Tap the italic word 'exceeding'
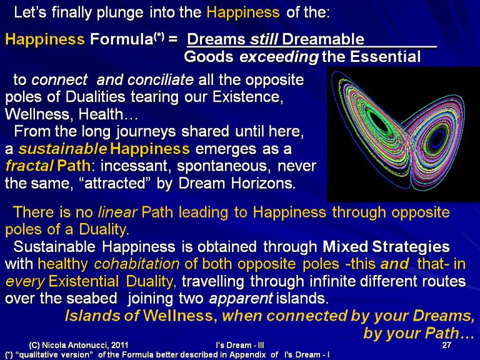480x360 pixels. tap(279, 57)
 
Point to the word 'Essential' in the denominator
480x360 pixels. tap(386, 57)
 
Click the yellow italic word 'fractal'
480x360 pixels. tap(29, 166)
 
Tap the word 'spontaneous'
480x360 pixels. tap(224, 166)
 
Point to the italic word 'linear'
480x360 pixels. tap(117, 212)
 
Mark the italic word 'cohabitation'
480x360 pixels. tap(137, 264)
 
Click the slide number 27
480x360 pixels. tap(447, 345)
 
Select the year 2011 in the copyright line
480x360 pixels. tap(120, 345)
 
